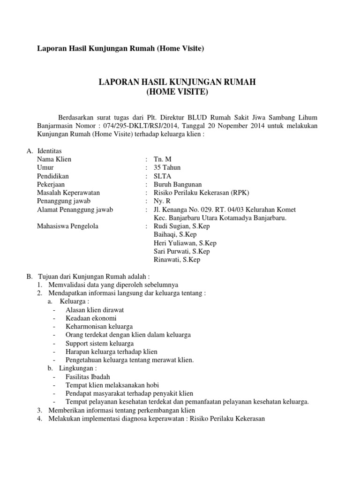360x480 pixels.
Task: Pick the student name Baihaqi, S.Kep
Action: tap(175, 234)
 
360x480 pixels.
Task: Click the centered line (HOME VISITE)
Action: tap(177, 92)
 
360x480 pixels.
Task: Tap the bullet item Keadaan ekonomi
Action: tap(91, 318)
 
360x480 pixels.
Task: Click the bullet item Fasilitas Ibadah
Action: tap(89, 376)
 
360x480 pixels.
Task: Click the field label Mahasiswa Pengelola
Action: tap(67, 226)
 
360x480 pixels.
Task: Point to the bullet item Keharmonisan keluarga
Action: tap(99, 326)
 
